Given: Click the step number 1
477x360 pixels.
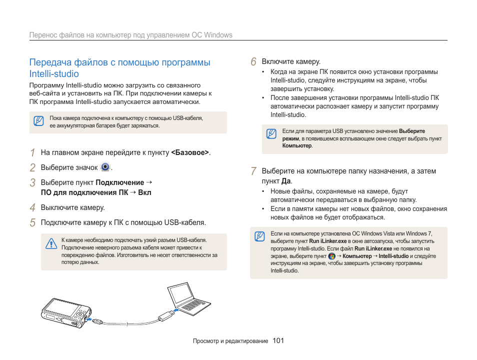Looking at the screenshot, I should point(32,152).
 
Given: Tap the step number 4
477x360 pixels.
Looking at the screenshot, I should point(32,207).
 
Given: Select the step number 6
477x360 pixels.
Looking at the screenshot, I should point(253,61).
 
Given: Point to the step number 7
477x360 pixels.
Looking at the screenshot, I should point(253,171).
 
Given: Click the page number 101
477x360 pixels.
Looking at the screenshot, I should point(278,341).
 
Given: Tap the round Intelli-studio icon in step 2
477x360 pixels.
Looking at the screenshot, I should point(105,167).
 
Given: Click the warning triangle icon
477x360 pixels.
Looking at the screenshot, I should point(50,243).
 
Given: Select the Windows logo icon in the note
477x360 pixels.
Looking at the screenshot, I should point(331,256).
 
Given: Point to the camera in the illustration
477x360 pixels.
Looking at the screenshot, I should point(64,313).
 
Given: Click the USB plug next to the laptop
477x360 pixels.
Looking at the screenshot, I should point(165,316).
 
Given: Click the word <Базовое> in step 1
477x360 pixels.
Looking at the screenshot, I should point(189,152).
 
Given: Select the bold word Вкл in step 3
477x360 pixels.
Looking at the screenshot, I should point(145,192).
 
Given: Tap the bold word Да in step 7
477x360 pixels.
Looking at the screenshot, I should point(286,181).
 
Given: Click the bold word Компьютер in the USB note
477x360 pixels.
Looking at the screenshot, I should point(297,146).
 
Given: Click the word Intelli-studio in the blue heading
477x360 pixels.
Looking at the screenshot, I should point(54,73).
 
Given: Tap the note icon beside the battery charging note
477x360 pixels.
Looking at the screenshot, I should point(38,121).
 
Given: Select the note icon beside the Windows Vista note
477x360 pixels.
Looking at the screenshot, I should point(259,236).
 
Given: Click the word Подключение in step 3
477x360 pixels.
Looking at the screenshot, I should point(119,182).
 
